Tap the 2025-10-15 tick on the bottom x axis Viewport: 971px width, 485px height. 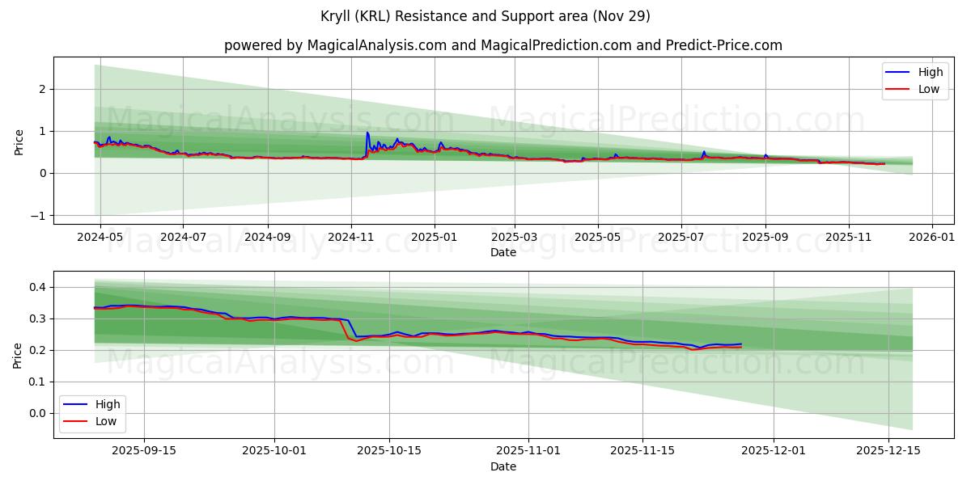(x=389, y=449)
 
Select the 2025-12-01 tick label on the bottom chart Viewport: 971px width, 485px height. (x=774, y=449)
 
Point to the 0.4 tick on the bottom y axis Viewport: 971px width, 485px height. (x=36, y=287)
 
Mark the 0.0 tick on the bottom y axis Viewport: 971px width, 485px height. (x=36, y=413)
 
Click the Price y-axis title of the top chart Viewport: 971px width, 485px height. (x=19, y=141)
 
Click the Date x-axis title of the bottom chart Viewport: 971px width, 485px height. (x=502, y=466)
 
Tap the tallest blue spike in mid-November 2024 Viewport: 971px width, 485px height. (x=367, y=133)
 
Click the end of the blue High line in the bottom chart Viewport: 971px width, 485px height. (x=741, y=344)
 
